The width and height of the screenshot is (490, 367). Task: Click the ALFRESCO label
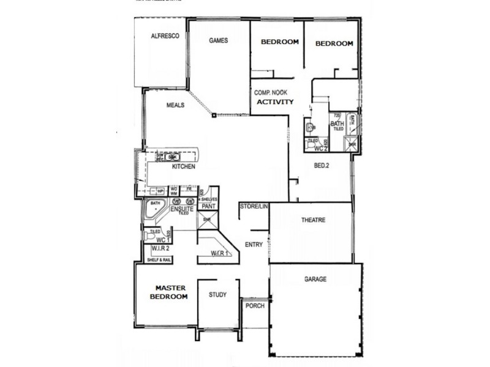click(165, 37)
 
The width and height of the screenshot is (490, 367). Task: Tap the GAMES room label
click(219, 41)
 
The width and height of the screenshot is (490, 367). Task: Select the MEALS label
click(176, 105)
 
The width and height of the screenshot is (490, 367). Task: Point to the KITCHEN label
click(184, 166)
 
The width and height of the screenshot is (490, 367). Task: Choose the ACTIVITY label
click(275, 102)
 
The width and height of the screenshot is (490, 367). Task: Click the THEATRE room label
click(313, 220)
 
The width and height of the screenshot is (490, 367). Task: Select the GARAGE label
click(315, 280)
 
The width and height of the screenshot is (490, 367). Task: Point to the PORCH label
click(254, 306)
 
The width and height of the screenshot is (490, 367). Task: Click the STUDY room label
click(218, 295)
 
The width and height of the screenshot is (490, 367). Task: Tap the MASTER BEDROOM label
click(171, 292)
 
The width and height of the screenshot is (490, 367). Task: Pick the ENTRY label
click(254, 245)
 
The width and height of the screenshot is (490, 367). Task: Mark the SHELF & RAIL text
click(160, 261)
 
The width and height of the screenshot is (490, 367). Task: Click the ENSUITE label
click(182, 209)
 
